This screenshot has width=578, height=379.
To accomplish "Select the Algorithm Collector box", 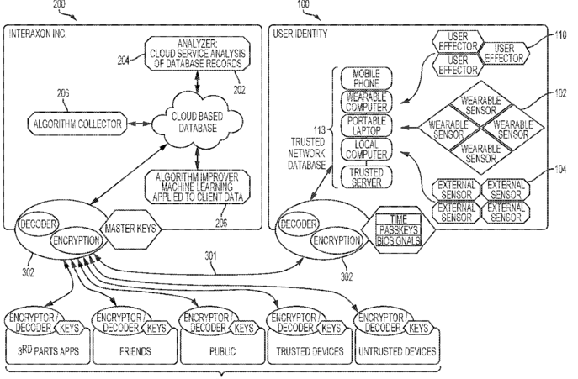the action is coord(77,124).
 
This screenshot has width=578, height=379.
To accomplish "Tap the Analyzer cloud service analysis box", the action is coord(197,54).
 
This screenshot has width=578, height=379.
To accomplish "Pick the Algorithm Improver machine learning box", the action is coord(197,187).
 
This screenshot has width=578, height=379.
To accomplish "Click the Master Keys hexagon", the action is coord(130,229).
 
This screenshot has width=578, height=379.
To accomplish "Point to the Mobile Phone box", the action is coord(366,78).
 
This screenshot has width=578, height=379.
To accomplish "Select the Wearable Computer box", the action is coord(366,102).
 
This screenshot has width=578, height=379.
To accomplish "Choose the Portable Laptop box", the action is coord(366,125).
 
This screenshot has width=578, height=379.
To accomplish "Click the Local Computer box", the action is coord(366,150).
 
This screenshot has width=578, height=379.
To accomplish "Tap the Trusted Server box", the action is coord(366,177).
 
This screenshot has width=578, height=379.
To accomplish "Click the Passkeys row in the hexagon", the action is coord(398,230).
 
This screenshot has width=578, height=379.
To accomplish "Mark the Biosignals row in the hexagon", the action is coord(398,241).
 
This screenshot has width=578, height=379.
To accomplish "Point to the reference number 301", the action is coord(211,256).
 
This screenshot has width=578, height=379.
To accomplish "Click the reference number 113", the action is coord(319,130).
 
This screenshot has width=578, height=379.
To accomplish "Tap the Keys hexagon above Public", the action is coord(244,328).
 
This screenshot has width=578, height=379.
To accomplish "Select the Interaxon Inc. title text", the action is coord(38,34).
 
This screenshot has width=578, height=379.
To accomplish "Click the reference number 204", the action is coord(124,60).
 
